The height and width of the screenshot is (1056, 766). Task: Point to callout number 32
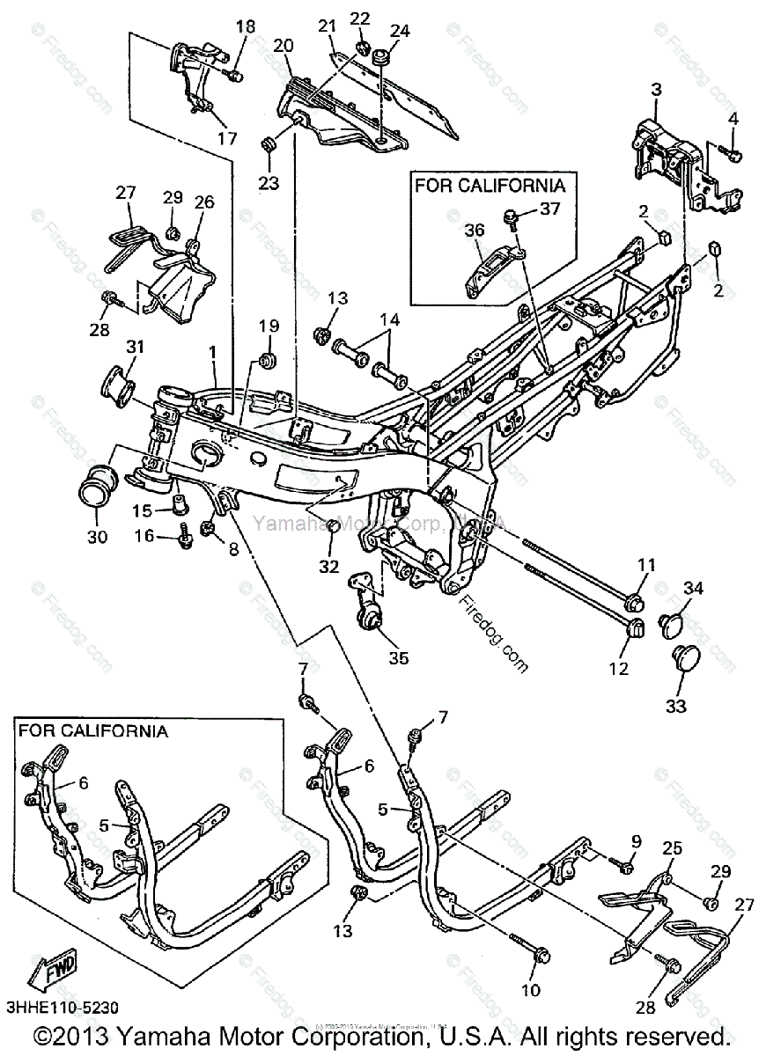point(329,567)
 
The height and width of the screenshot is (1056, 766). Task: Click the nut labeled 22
point(361,46)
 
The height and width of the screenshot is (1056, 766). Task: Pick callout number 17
point(227,139)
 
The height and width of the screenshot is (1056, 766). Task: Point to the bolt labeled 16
point(186,534)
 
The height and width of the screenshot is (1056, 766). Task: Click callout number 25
point(673,849)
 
